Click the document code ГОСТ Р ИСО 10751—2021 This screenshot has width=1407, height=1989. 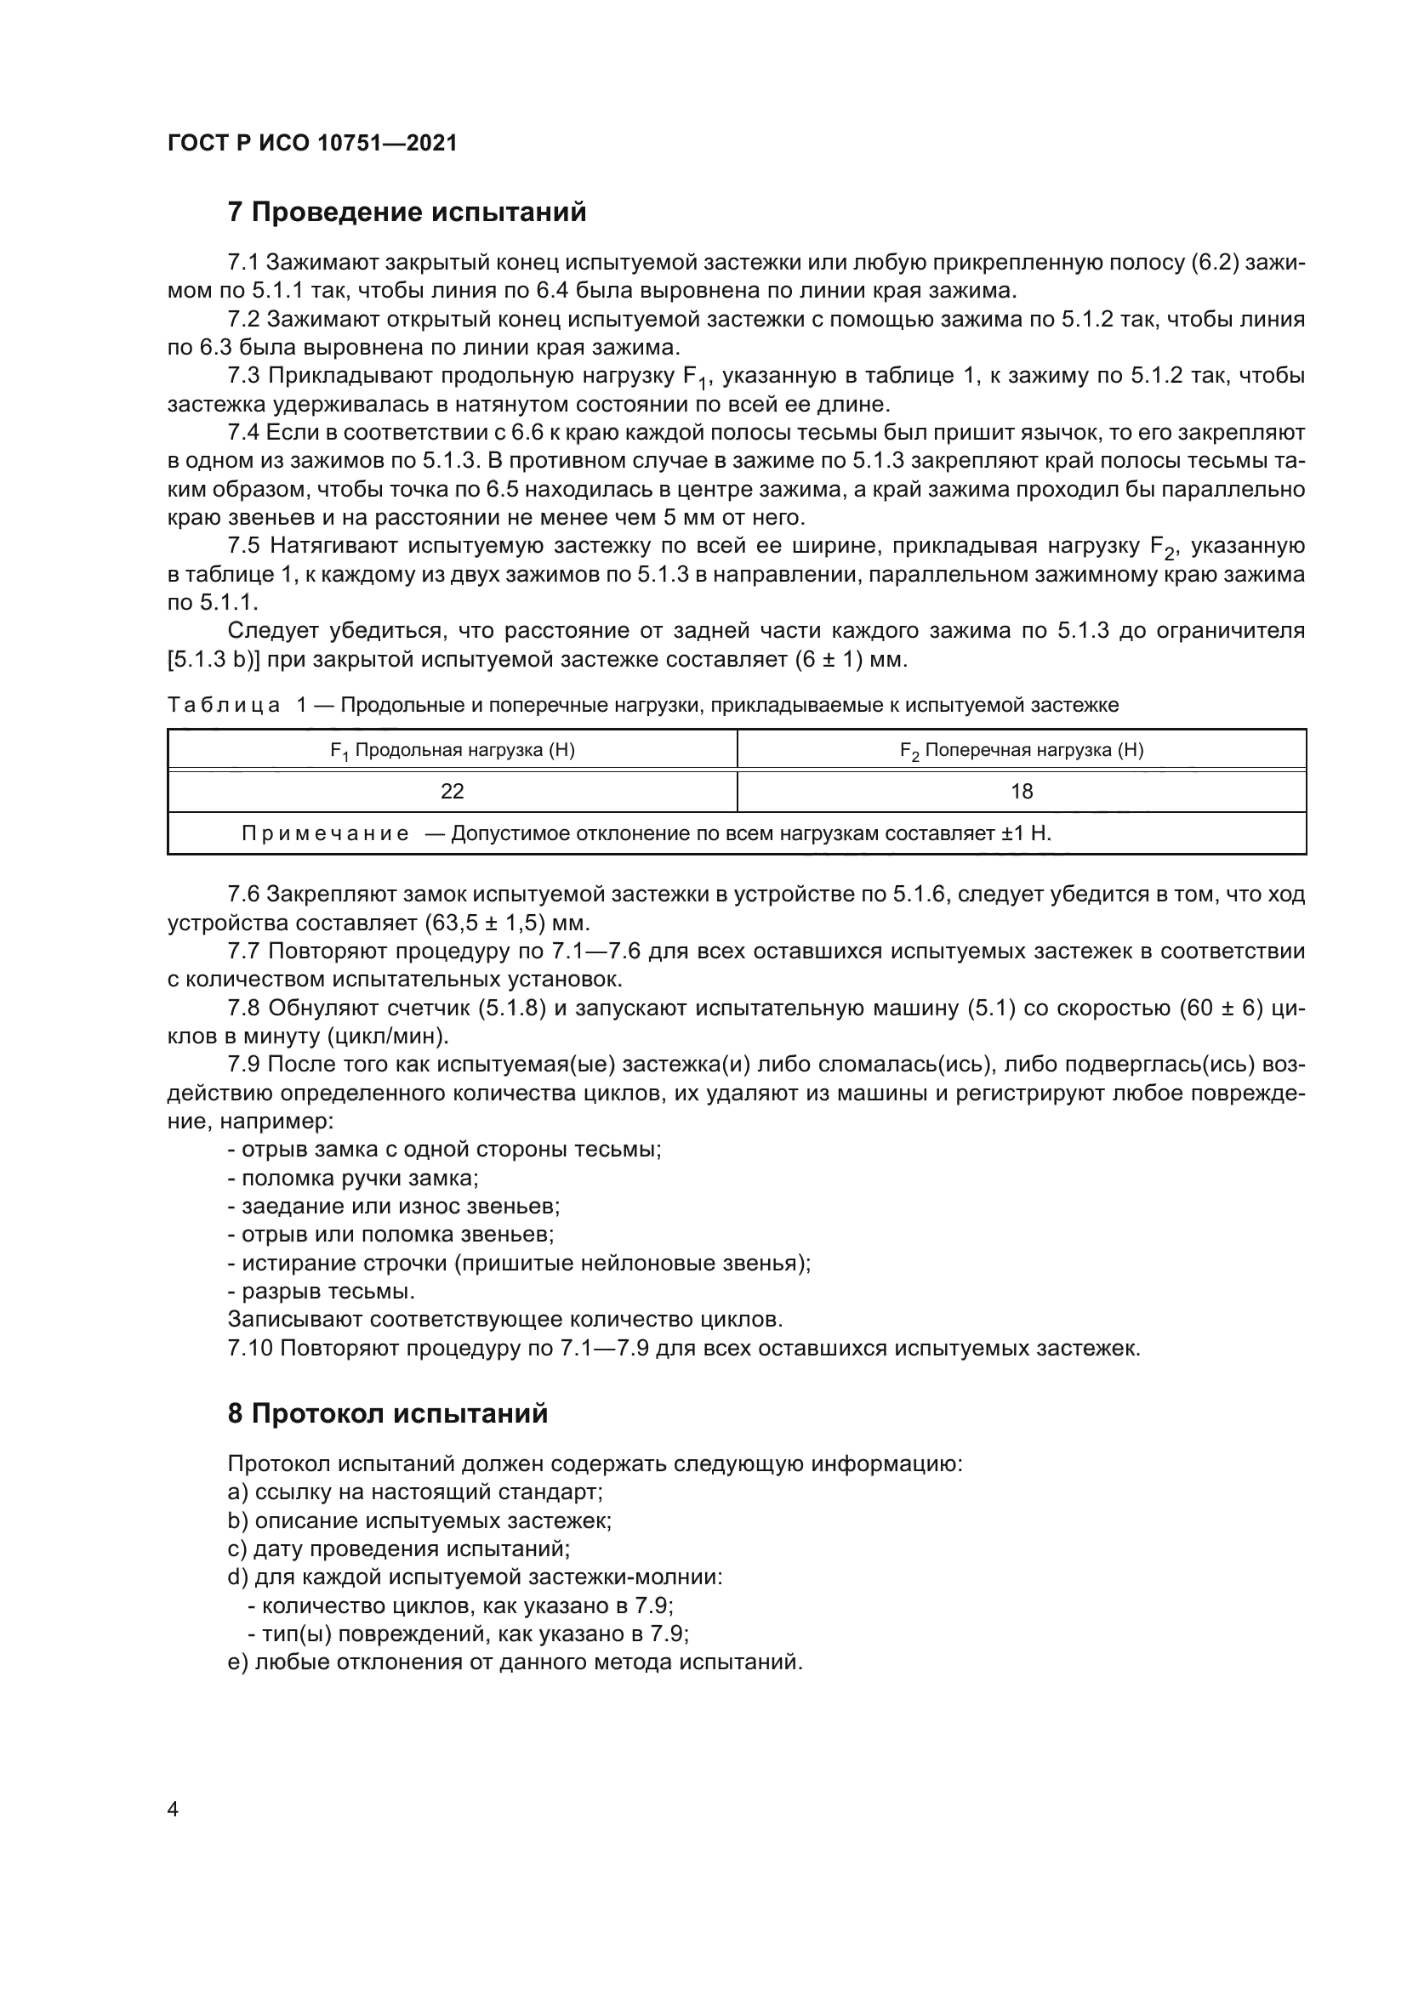click(x=312, y=143)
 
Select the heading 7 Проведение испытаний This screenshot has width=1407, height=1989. click(x=407, y=212)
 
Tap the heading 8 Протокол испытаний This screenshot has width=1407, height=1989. click(x=387, y=1413)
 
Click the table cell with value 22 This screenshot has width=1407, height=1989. click(x=453, y=791)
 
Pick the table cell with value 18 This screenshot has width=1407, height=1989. click(x=1022, y=791)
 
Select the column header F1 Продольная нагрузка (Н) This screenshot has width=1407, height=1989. click(x=453, y=750)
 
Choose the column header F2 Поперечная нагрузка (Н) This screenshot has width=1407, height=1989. click(x=1022, y=750)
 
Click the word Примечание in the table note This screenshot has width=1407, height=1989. click(x=325, y=833)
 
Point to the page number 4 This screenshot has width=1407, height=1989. click(x=173, y=1809)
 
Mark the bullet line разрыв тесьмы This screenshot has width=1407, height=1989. click(x=322, y=1291)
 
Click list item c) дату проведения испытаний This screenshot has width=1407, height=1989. click(x=398, y=1548)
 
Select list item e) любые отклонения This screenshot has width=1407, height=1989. click(x=515, y=1662)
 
